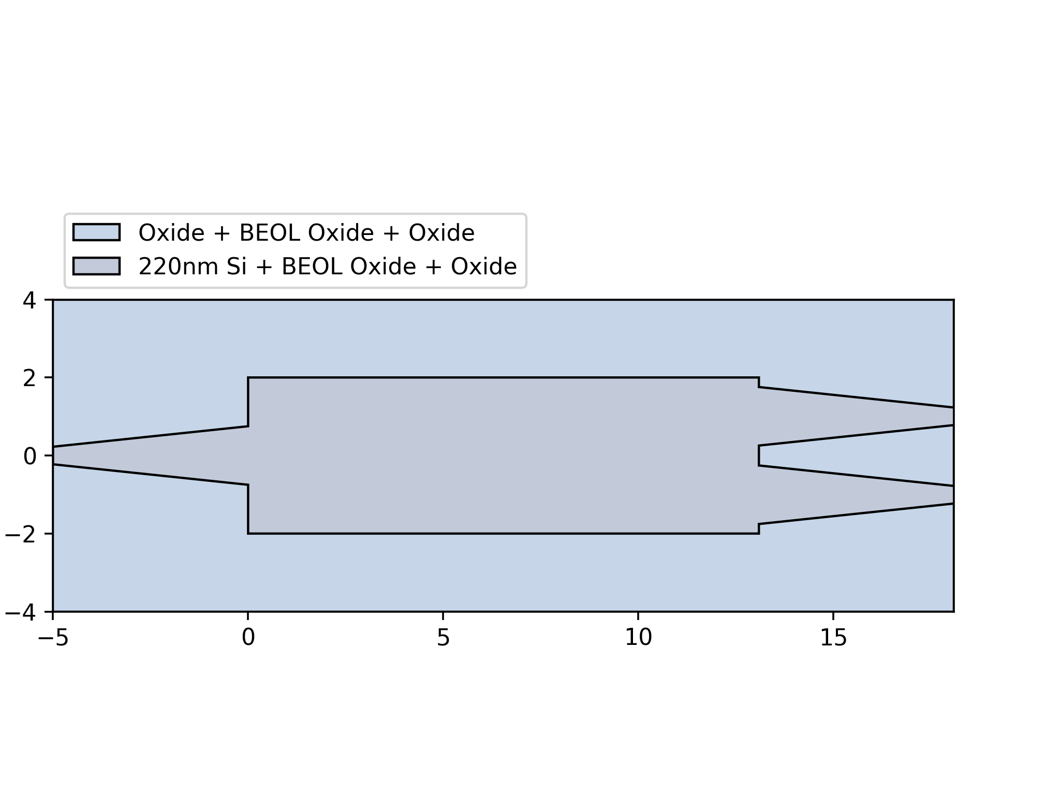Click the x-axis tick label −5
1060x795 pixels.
[x=53, y=638]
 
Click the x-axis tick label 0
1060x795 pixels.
[x=248, y=638]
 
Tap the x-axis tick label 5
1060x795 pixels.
[x=443, y=638]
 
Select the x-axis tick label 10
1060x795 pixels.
[x=638, y=638]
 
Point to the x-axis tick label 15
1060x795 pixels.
[x=833, y=638]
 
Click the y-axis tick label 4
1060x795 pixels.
[x=29, y=300]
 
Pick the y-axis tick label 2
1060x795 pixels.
[x=29, y=378]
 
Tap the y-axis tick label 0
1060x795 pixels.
[x=29, y=457]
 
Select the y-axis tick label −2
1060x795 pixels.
[x=20, y=535]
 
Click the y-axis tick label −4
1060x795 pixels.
[x=20, y=613]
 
